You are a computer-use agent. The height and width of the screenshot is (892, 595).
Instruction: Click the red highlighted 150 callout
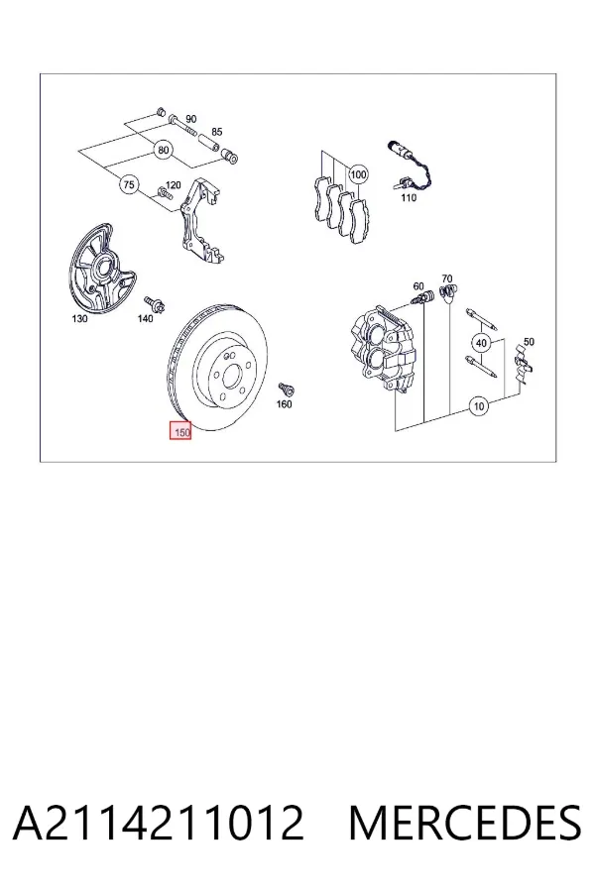(x=179, y=431)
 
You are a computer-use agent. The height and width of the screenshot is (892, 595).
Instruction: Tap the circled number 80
(x=164, y=151)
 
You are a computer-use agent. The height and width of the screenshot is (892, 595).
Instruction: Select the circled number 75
(x=129, y=185)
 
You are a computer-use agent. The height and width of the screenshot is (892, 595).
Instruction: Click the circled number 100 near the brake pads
(x=358, y=174)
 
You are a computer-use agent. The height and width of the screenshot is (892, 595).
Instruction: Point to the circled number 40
(x=482, y=343)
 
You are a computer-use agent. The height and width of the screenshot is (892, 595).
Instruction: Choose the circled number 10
(x=479, y=406)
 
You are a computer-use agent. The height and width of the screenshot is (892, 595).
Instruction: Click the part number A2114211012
(x=158, y=823)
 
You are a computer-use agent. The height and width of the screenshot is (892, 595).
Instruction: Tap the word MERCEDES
(x=465, y=823)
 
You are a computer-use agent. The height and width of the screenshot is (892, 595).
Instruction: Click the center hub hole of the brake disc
(x=232, y=376)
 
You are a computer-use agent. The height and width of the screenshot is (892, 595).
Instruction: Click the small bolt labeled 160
(x=286, y=390)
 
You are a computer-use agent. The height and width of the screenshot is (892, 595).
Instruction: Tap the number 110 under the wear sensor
(x=409, y=198)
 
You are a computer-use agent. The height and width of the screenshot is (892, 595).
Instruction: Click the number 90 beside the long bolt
(x=191, y=119)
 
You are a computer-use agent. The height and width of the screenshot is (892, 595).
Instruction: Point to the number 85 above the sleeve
(x=217, y=132)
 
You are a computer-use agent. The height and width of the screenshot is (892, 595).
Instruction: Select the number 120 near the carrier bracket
(x=173, y=185)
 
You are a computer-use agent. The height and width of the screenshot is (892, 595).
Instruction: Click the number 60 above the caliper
(x=418, y=286)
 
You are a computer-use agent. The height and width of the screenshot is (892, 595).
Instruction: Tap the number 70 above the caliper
(x=447, y=279)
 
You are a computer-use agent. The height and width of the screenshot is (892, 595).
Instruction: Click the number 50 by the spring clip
(x=529, y=342)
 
